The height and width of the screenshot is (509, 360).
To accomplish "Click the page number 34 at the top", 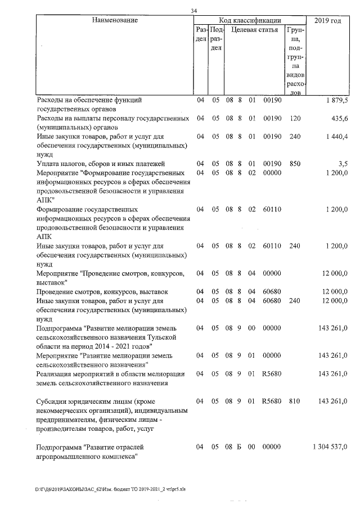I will tap(194, 11).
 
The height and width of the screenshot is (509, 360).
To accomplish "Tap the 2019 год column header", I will tap(328, 21).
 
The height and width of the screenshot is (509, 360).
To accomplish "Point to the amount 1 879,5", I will tap(336, 100).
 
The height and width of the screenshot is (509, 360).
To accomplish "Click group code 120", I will tap(295, 119).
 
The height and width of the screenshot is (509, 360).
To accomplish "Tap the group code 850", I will tap(295, 164).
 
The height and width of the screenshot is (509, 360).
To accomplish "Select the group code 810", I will tap(295, 402).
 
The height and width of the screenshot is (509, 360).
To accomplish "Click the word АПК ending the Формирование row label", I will tap(43, 237).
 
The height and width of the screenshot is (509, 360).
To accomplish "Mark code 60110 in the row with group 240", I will tap(271, 246).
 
